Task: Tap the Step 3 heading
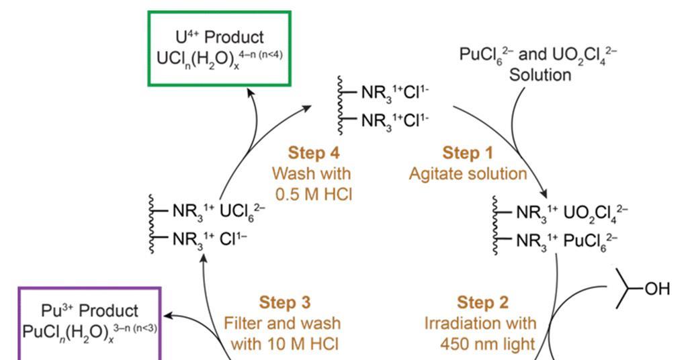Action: point(285,302)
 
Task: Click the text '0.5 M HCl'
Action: point(314,194)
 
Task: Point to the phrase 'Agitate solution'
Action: point(468,174)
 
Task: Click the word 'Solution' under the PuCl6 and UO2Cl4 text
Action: point(540,75)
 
